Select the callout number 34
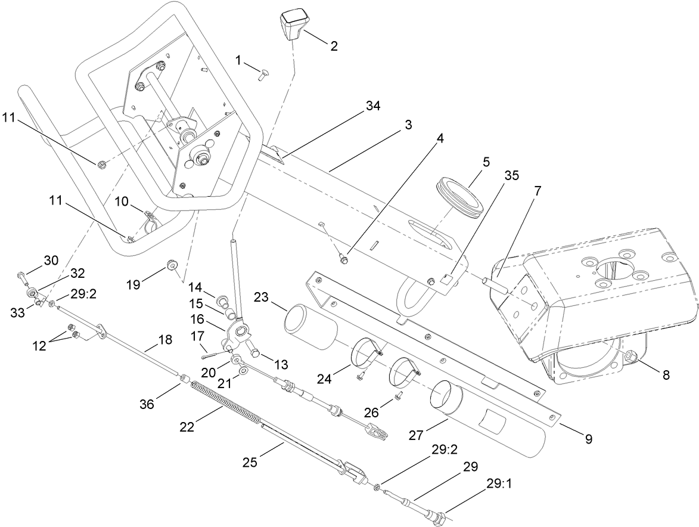(373, 106)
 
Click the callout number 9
(588, 439)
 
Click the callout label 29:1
(499, 485)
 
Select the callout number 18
(165, 340)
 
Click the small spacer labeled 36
(184, 378)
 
